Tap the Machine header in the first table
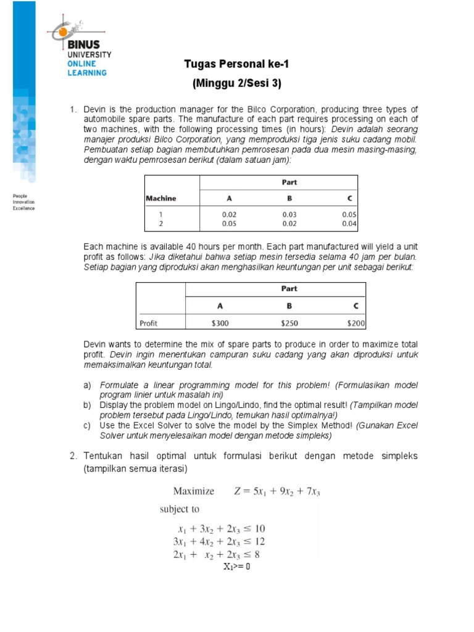[x=160, y=198]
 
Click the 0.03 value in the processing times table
[x=289, y=214]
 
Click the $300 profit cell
[x=220, y=322]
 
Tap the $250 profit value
[x=289, y=322]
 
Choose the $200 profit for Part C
[x=355, y=322]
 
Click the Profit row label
[x=149, y=322]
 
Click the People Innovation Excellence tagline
[x=24, y=202]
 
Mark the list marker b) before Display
[x=87, y=405]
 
